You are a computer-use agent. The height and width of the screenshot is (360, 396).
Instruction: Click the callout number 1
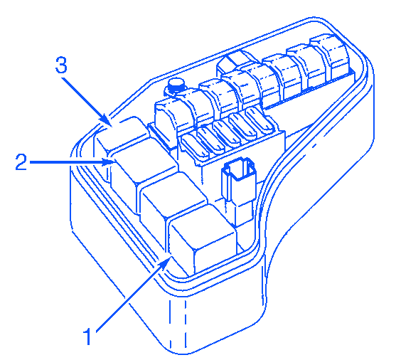[x=87, y=337]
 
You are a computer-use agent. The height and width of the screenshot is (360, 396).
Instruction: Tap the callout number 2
[x=21, y=162]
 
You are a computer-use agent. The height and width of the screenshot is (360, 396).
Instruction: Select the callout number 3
[x=61, y=65]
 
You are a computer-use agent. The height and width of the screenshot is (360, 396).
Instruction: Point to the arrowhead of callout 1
[x=166, y=262]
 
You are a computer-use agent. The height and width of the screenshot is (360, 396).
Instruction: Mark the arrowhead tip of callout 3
[x=112, y=125]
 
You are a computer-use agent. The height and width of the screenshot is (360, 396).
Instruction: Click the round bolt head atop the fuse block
[x=176, y=85]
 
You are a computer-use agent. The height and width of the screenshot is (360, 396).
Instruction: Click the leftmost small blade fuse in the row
[x=195, y=147]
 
